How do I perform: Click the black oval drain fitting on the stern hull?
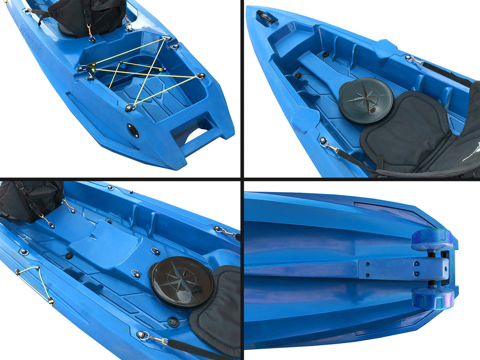(133, 130)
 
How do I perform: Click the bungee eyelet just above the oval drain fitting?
(130, 107)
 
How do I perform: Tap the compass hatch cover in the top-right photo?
(366, 101)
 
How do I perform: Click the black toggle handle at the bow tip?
(265, 16)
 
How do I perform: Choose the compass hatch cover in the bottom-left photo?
(182, 282)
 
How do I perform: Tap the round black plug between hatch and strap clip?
(173, 322)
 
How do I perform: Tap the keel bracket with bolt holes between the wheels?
(399, 269)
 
